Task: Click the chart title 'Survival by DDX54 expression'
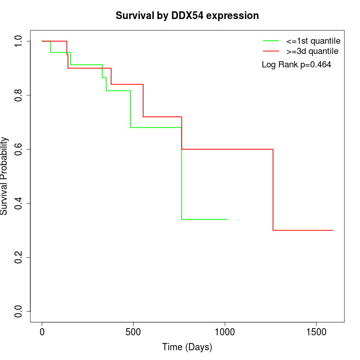[187, 15]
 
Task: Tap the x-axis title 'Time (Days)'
[187, 347]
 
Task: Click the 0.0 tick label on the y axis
[19, 311]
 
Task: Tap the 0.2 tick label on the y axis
[19, 257]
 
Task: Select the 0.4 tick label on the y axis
[19, 203]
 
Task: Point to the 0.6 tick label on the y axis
[19, 149]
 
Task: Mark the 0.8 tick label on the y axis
[19, 95]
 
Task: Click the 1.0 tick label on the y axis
[19, 41]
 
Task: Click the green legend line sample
[271, 40]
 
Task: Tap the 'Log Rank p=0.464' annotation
[296, 65]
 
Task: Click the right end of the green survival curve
[227, 219]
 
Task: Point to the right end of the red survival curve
[333, 230]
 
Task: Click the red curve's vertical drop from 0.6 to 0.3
[273, 190]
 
